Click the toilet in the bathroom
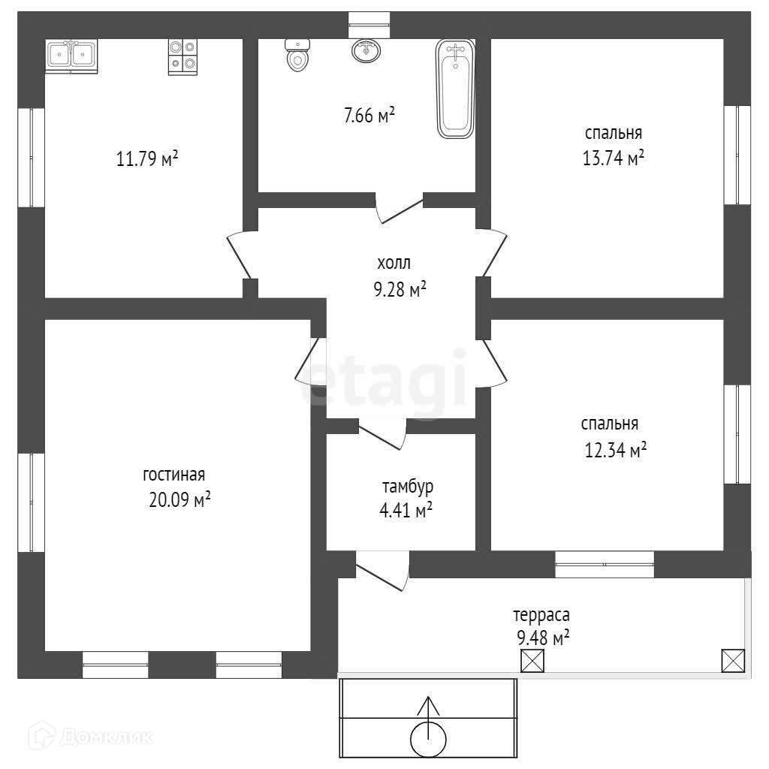point(298,56)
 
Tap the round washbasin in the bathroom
point(366,50)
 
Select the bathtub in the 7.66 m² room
point(455,89)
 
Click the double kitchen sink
point(71,56)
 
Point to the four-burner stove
point(182,56)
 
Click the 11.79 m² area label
point(147,159)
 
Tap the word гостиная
point(174,475)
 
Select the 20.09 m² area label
point(179,499)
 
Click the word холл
point(394,264)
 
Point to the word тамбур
point(407,487)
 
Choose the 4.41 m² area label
point(406,511)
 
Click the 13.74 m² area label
point(614,158)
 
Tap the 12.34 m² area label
point(615,450)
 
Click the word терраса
point(541,615)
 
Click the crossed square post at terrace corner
point(732,660)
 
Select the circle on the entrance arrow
point(429,739)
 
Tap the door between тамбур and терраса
point(381,568)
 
